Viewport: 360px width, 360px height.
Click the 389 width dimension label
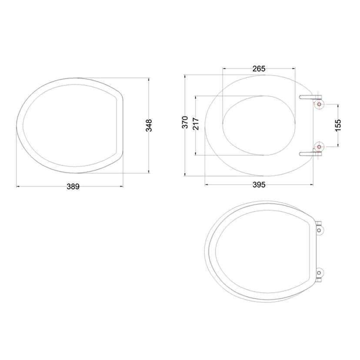coord(73,187)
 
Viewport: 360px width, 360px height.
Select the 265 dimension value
coord(259,68)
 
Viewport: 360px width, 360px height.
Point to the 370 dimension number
coord(185,122)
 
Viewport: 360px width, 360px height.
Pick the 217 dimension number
coord(196,124)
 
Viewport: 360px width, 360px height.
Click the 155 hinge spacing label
coord(338,125)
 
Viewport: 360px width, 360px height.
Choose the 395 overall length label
coord(259,185)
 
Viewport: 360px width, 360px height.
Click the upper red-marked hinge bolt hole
coord(320,105)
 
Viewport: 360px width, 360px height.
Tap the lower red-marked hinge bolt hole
coord(320,147)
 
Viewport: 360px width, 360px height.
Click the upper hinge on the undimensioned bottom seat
coord(320,228)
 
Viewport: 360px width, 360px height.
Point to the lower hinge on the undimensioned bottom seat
coord(320,273)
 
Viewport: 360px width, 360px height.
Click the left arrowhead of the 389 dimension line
coord(18,187)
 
